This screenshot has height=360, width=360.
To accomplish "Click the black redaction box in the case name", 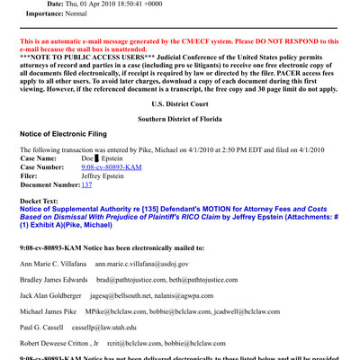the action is click(99, 159).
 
